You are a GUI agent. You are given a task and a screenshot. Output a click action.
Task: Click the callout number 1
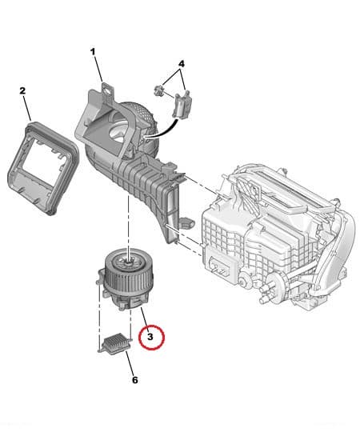pos(93,53)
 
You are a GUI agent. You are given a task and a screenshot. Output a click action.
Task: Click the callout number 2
pos(22,91)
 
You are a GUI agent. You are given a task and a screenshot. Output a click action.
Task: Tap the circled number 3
pos(150,338)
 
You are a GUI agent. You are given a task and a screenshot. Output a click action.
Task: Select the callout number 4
pos(181,63)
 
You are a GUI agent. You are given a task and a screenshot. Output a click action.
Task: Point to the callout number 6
pos(134,379)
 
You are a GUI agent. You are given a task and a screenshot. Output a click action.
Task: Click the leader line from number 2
pos(26,108)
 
